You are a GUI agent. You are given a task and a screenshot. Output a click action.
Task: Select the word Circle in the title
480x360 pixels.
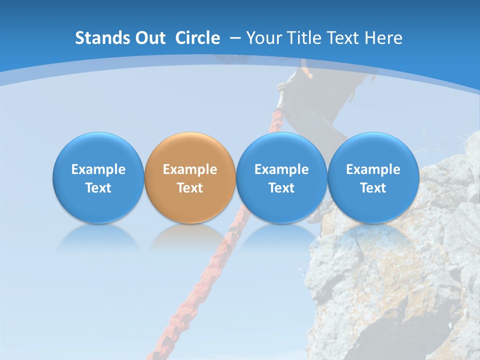[197, 38]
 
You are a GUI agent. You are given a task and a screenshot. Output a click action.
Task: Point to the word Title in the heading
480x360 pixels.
[300, 38]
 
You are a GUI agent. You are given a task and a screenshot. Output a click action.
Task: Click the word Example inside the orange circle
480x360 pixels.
[190, 169]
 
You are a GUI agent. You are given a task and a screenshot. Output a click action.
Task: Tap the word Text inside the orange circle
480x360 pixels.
[190, 188]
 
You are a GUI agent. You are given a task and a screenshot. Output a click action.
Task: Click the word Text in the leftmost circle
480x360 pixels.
[98, 188]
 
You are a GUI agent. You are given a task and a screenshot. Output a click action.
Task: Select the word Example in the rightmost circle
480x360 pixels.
[373, 169]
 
